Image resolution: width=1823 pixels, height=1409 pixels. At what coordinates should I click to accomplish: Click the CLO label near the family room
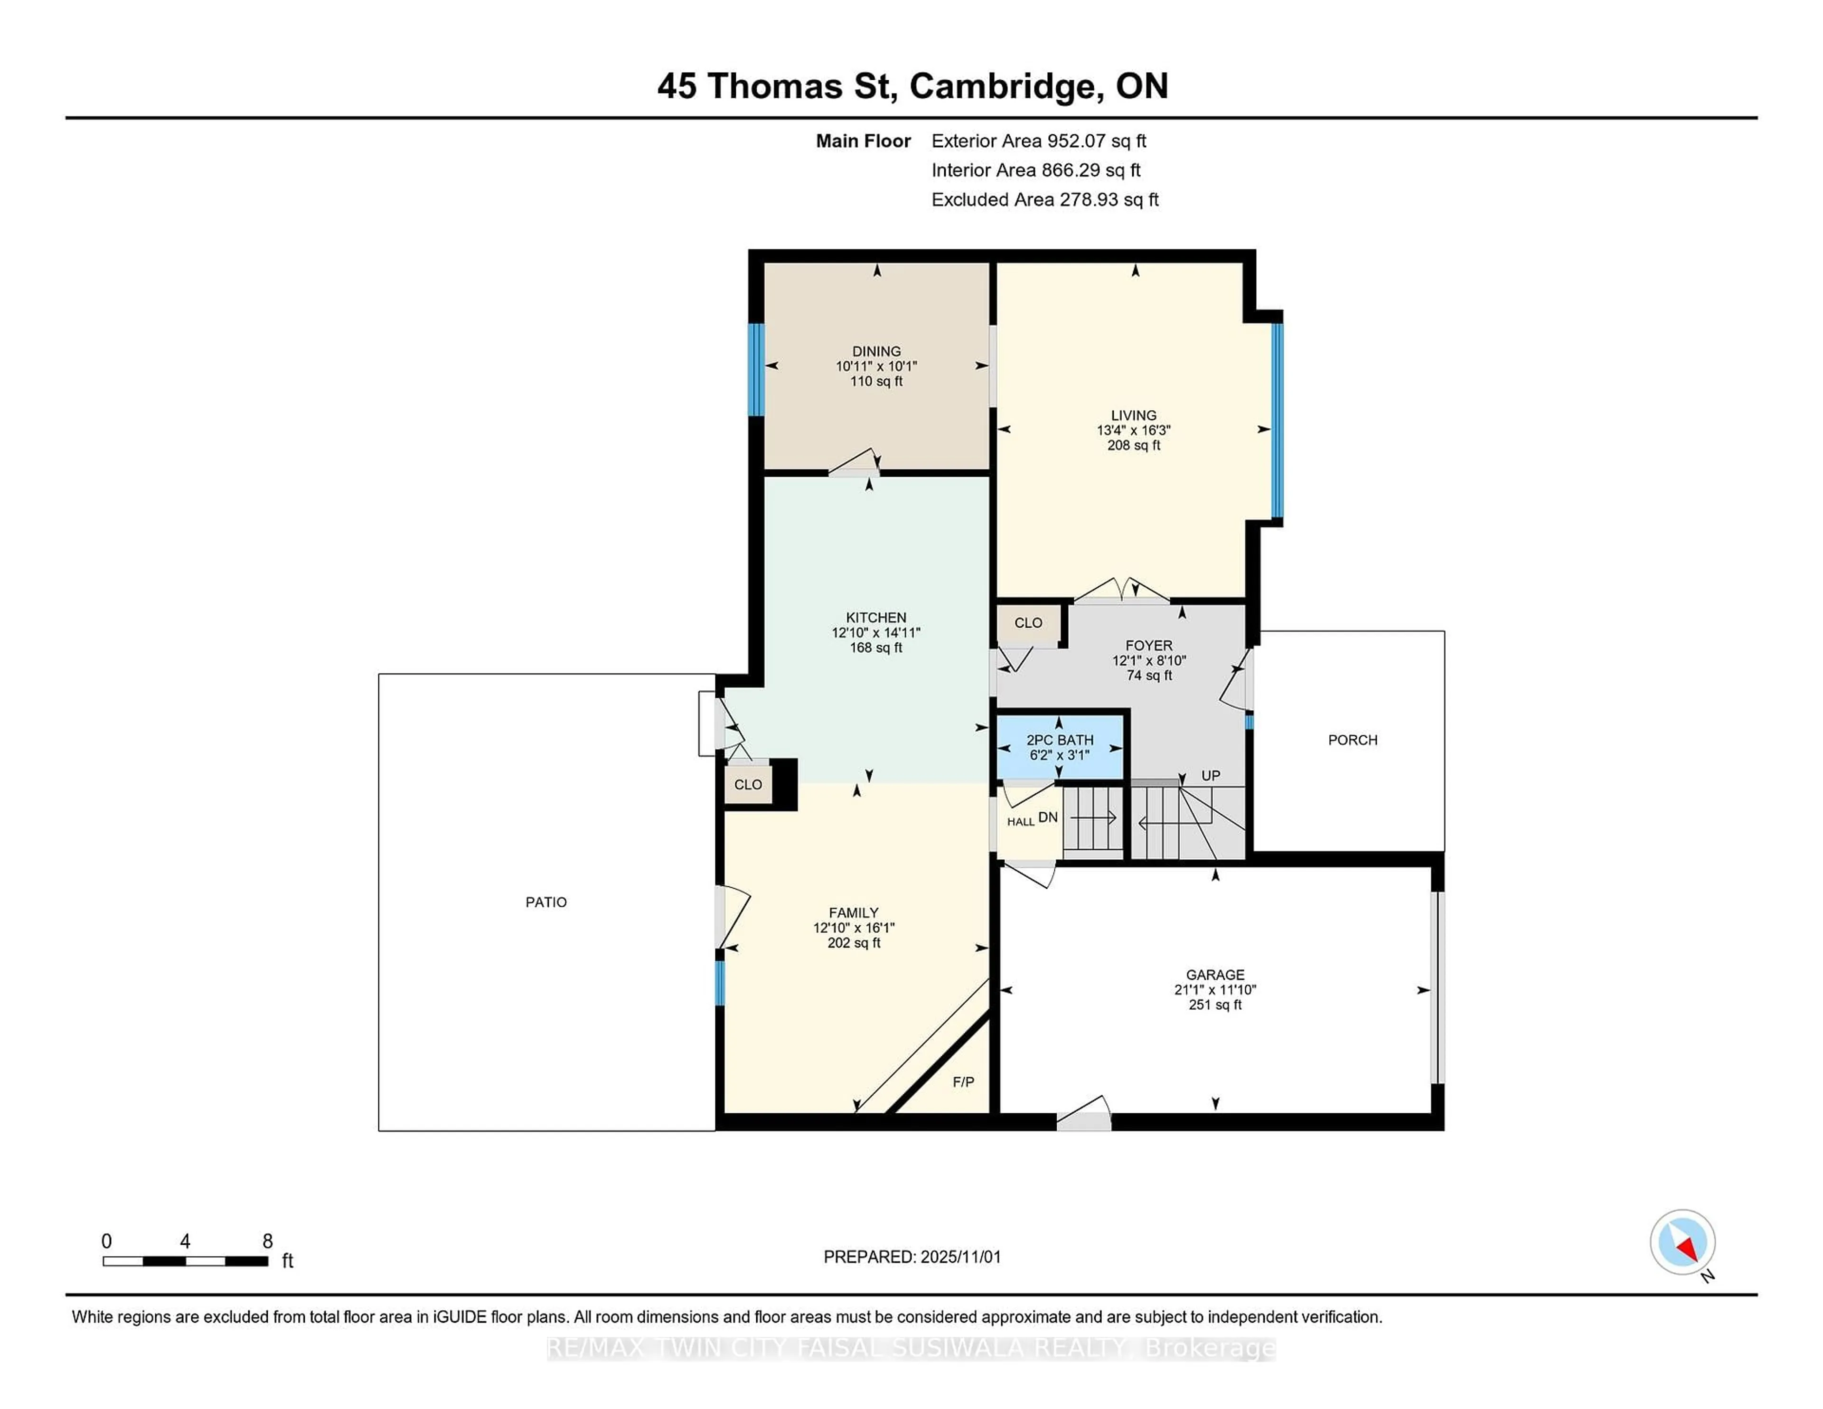(x=747, y=785)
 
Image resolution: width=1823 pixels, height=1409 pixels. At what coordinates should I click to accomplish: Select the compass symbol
(x=1682, y=1242)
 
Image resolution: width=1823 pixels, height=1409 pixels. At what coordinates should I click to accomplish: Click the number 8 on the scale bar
(x=267, y=1241)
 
